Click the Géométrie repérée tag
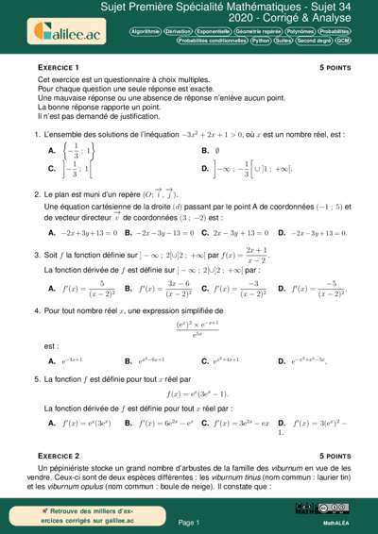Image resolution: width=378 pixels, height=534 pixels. tap(255, 31)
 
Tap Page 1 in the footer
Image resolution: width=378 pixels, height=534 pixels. tap(188, 521)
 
